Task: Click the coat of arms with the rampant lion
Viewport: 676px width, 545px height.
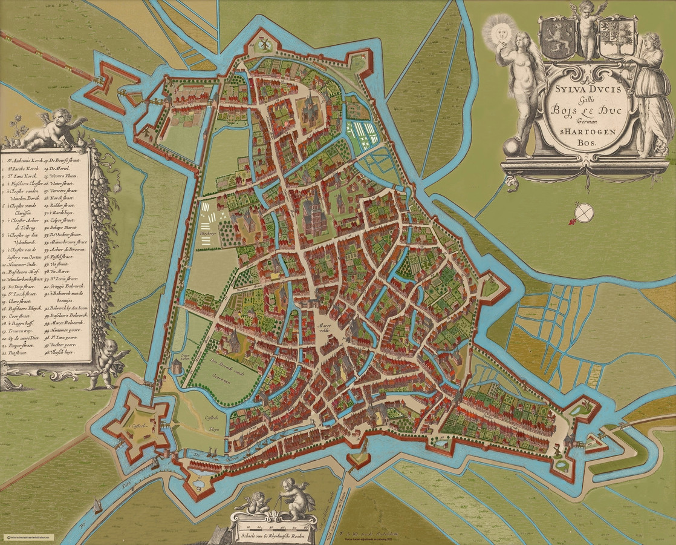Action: click(x=556, y=38)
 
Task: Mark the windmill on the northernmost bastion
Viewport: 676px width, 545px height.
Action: click(x=263, y=44)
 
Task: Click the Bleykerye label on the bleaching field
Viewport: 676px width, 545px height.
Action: click(x=207, y=230)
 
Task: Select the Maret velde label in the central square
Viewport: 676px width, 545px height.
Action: click(x=327, y=328)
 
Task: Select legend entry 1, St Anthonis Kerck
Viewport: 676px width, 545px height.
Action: click(x=31, y=162)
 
